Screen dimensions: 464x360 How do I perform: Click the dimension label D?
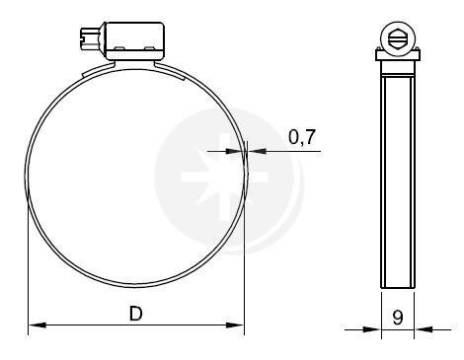135,313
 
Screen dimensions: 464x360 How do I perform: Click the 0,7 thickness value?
302,137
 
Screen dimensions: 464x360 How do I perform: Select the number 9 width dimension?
398,318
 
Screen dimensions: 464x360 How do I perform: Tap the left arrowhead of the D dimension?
38,325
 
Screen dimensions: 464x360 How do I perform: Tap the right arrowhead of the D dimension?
235,325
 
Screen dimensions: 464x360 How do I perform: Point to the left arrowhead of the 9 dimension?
372,329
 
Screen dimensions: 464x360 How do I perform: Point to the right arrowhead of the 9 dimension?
424,329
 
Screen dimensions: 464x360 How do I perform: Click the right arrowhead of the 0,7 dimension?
257,151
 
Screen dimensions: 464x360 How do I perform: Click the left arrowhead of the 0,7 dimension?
234,151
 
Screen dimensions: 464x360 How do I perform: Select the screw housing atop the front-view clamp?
134,41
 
